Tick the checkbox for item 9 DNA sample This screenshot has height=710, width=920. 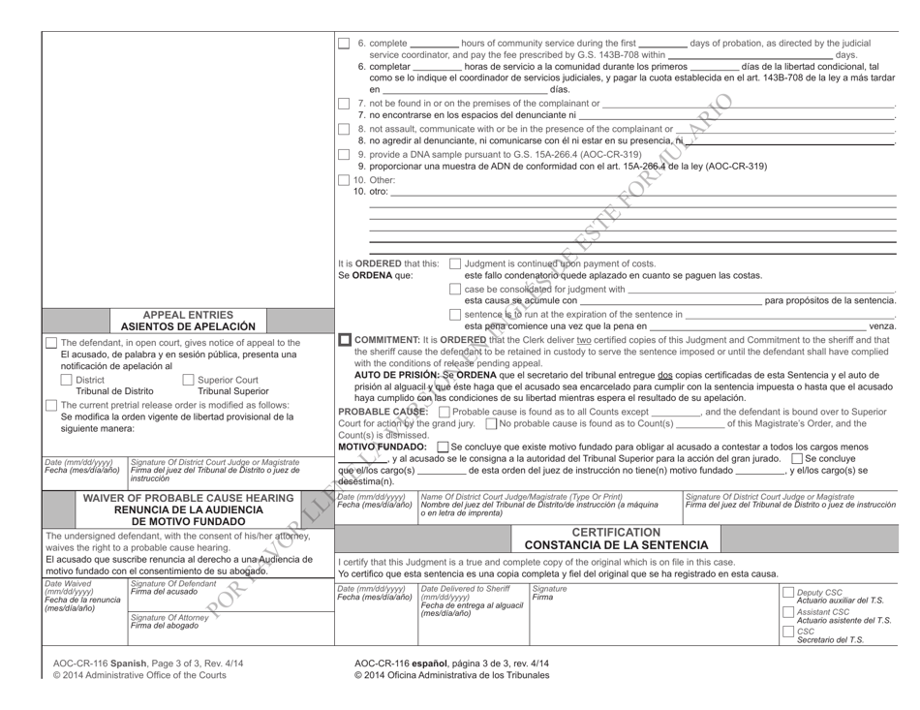click(x=344, y=155)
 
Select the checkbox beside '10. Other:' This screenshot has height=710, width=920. click(x=344, y=181)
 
